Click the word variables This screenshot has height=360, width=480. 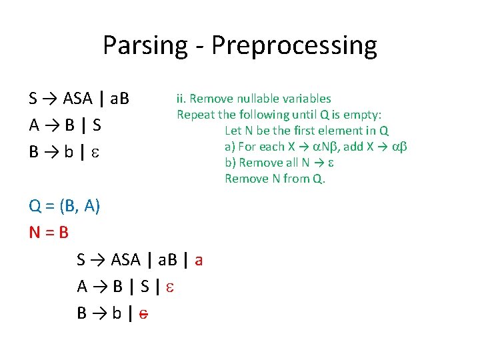click(x=304, y=99)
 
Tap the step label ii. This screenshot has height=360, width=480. click(x=181, y=99)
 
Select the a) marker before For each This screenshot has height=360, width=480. click(x=230, y=147)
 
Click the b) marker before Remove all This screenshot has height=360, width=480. click(x=230, y=163)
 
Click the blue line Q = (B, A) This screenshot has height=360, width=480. click(x=65, y=207)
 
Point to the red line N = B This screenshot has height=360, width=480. click(x=49, y=233)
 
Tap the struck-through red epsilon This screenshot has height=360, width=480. click(x=143, y=313)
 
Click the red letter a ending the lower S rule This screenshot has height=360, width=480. click(x=199, y=259)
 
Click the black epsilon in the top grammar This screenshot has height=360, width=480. click(x=94, y=153)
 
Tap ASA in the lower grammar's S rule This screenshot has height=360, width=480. click(x=126, y=259)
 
